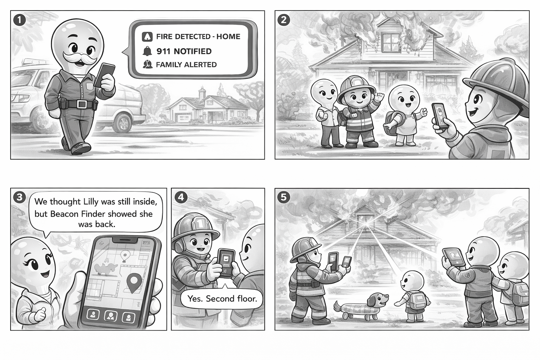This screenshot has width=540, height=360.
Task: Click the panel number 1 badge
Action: tap(19, 20)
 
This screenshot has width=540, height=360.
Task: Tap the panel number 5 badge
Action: tap(283, 197)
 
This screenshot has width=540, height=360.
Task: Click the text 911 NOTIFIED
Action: tap(184, 51)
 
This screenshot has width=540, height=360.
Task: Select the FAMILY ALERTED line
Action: tap(186, 65)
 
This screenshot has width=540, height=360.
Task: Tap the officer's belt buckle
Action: tap(82, 104)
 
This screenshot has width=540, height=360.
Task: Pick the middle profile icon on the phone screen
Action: tap(111, 316)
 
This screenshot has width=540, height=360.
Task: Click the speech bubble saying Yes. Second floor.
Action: tap(222, 299)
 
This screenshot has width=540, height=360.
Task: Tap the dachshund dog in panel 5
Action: tap(362, 307)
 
